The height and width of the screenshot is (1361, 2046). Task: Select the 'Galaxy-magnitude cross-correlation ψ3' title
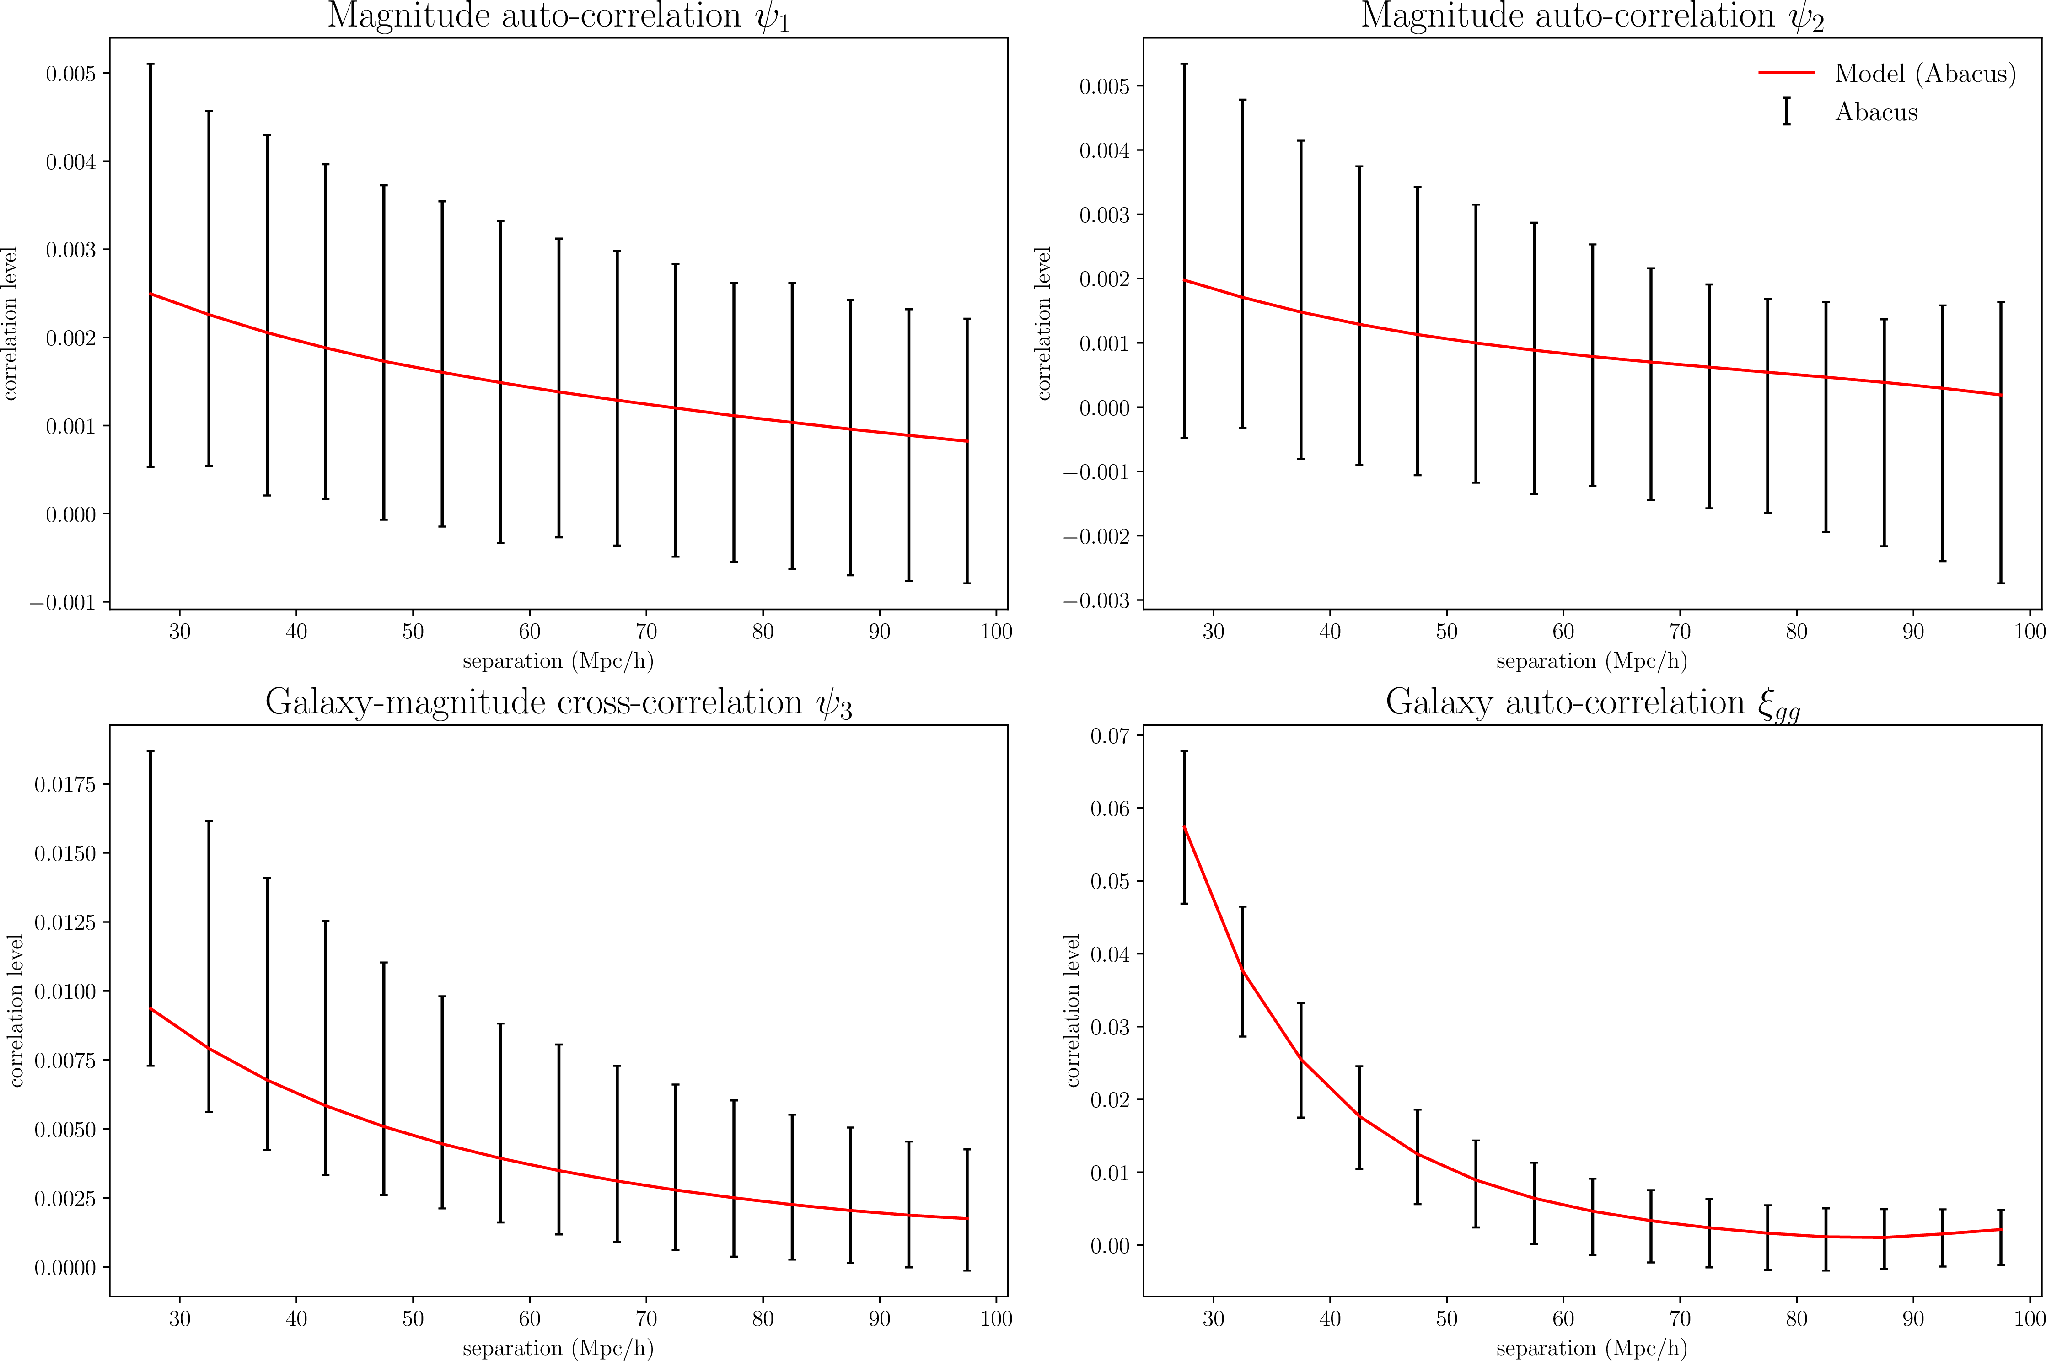pos(558,703)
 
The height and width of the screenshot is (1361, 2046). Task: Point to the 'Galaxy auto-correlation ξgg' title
pos(1592,703)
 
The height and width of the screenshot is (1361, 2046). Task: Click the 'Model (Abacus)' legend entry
pos(1924,74)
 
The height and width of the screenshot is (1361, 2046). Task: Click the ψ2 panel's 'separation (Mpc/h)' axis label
pos(1591,661)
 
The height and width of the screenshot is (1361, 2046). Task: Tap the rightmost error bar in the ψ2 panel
pos(2001,443)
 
